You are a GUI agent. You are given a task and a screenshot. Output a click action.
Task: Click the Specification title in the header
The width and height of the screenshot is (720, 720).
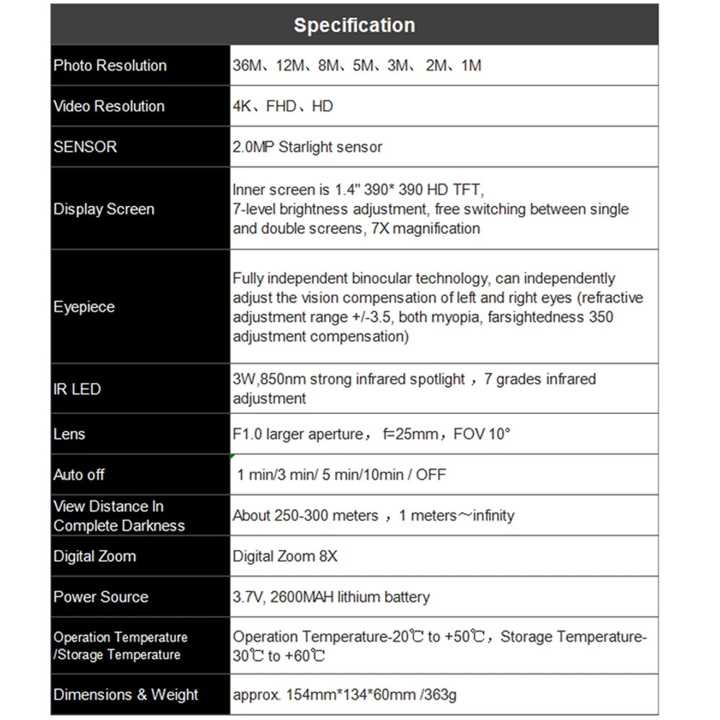354,25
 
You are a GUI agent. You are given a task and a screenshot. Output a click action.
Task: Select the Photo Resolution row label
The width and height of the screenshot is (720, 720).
109,66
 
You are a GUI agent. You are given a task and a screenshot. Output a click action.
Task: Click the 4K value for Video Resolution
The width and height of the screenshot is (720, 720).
242,106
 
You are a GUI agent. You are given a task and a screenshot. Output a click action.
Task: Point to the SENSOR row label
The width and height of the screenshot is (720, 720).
85,147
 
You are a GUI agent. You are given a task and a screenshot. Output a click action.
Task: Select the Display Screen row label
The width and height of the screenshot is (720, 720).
104,210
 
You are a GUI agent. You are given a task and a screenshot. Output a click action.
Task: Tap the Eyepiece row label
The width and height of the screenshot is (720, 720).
84,307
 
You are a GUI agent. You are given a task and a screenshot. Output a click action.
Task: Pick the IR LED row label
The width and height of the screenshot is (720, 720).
77,389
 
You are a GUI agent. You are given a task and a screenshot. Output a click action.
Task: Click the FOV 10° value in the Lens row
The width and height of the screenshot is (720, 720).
482,434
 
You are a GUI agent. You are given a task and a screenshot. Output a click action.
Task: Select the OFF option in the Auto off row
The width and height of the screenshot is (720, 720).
431,474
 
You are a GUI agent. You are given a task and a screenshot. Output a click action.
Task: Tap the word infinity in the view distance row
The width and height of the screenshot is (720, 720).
489,516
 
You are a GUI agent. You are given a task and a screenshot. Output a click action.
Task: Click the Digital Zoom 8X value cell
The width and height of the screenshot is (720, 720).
285,557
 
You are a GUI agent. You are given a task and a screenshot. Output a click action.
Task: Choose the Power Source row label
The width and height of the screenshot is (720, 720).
101,597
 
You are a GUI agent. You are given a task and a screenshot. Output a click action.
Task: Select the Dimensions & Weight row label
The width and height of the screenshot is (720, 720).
126,695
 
